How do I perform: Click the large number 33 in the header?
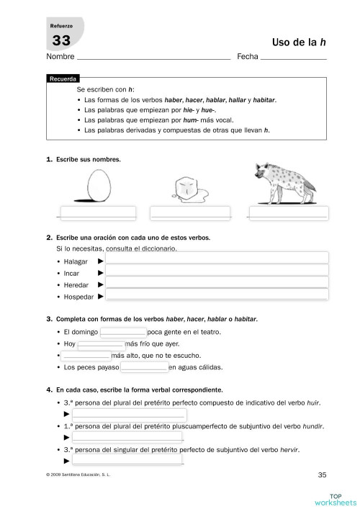pyautogui.click(x=60, y=41)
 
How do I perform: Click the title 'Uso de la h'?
pyautogui.click(x=300, y=42)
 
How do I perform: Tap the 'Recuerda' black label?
pyautogui.click(x=63, y=78)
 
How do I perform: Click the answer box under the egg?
pyautogui.click(x=97, y=213)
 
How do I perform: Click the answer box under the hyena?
pyautogui.click(x=288, y=213)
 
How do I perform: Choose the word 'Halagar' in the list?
pyautogui.click(x=76, y=261)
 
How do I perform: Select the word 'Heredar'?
pyautogui.click(x=76, y=285)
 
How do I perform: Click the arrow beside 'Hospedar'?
pyautogui.click(x=101, y=296)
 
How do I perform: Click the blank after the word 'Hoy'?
pyautogui.click(x=100, y=344)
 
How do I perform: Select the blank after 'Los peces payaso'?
pyautogui.click(x=144, y=368)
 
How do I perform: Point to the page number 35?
pyautogui.click(x=322, y=474)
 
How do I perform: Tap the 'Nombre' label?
pyautogui.click(x=60, y=56)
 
